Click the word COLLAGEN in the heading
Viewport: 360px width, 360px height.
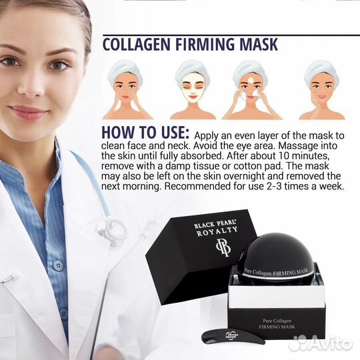[137, 44]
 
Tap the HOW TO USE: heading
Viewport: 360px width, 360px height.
[145, 133]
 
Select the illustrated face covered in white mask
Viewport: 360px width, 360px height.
[193, 90]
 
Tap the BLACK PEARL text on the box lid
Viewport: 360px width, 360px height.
[215, 223]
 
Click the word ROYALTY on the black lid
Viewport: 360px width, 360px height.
[217, 231]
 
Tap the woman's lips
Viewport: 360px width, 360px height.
[29, 112]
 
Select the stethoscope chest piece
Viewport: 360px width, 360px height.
[113, 230]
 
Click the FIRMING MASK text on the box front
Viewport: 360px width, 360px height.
[277, 327]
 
